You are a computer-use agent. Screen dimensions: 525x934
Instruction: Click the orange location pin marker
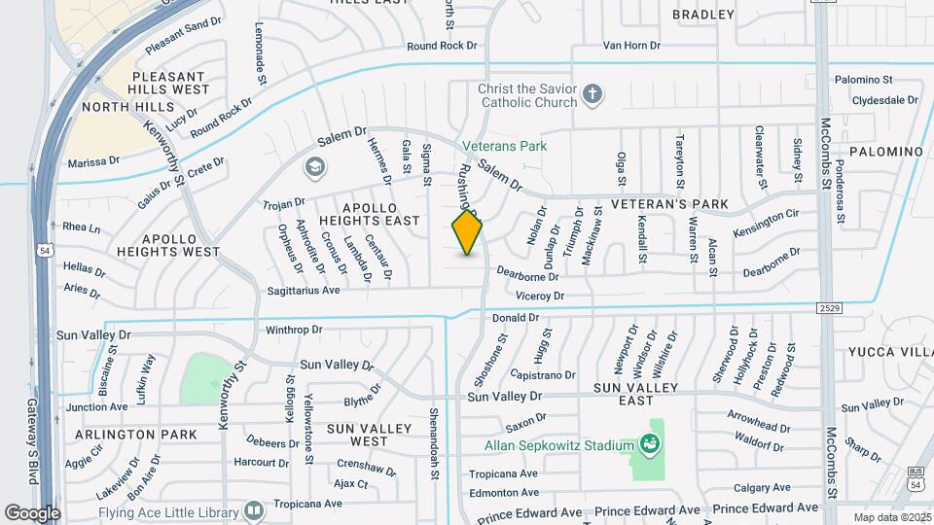click(x=468, y=232)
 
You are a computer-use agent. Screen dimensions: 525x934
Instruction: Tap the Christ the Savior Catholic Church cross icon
click(x=592, y=95)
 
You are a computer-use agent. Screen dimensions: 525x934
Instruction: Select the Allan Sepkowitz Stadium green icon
click(x=649, y=445)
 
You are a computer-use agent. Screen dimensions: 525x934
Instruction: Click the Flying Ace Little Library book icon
click(x=254, y=509)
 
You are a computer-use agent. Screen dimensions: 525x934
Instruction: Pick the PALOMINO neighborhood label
click(x=885, y=152)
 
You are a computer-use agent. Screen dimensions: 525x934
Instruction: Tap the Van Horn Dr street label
click(x=631, y=45)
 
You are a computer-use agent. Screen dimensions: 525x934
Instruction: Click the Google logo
click(x=32, y=512)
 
